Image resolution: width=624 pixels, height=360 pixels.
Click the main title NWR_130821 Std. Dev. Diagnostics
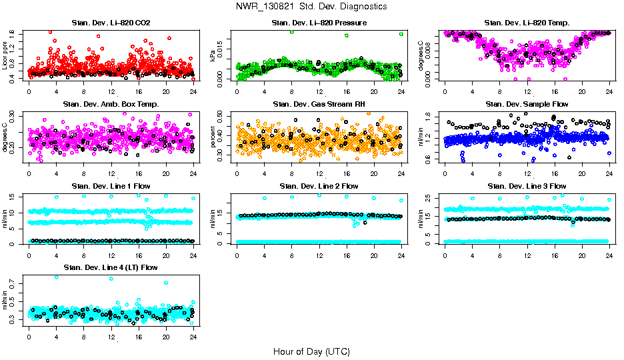[311, 6]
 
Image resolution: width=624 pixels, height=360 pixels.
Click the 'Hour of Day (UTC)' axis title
[311, 351]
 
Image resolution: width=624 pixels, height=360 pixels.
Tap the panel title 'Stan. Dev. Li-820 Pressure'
[319, 23]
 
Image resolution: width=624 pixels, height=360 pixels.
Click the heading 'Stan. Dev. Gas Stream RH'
[319, 104]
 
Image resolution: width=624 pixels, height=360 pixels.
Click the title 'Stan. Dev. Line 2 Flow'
[319, 186]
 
